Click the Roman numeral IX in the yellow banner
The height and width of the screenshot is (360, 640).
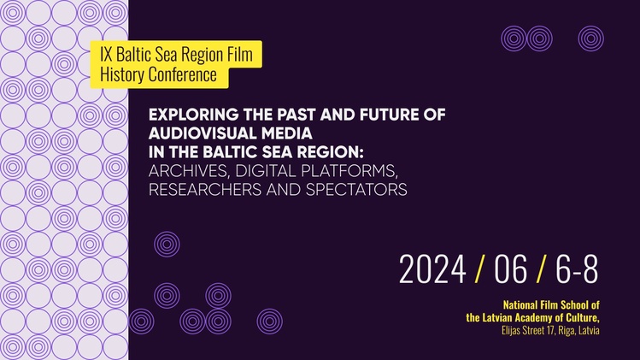click(x=106, y=54)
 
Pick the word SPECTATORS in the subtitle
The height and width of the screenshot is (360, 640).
click(x=356, y=190)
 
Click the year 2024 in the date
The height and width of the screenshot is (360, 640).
click(x=432, y=269)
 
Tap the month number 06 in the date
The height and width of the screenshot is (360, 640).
click(x=510, y=269)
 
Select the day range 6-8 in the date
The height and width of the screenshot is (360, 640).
click(x=577, y=269)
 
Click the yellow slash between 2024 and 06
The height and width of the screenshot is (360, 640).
click(x=480, y=269)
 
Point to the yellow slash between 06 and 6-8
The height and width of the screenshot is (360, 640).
click(x=541, y=269)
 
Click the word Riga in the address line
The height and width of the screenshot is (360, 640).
click(x=567, y=330)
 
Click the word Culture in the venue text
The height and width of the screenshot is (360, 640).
click(x=585, y=318)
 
